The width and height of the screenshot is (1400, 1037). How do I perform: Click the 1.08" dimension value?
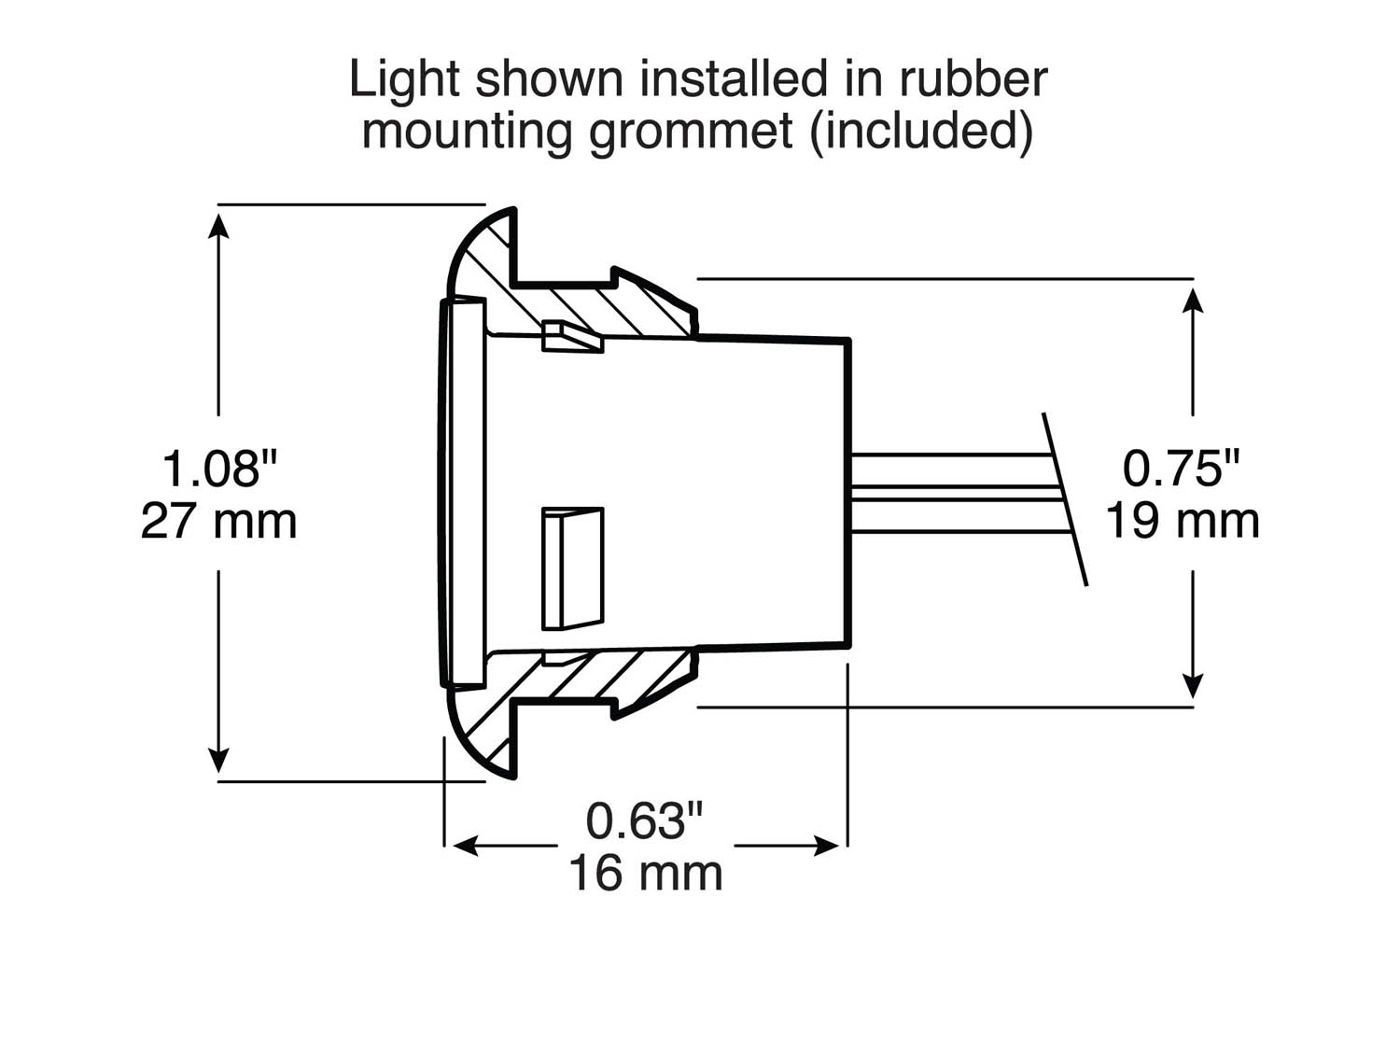coord(220,468)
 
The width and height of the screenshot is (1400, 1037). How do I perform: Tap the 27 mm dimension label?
coord(219,521)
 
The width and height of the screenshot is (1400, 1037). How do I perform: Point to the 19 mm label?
coord(1183,521)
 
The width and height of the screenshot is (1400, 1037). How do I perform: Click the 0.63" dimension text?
coord(644,821)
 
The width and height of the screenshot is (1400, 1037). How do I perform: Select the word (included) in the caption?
coord(922,132)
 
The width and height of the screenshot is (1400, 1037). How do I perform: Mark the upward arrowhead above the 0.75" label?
coord(1193,300)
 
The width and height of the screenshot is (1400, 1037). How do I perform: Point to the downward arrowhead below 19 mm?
coord(1193,686)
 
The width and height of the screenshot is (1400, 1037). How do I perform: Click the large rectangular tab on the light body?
coord(572,568)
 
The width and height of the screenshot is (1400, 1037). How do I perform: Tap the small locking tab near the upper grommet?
coord(571,337)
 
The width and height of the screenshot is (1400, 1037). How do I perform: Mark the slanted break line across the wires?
coord(1065,499)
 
